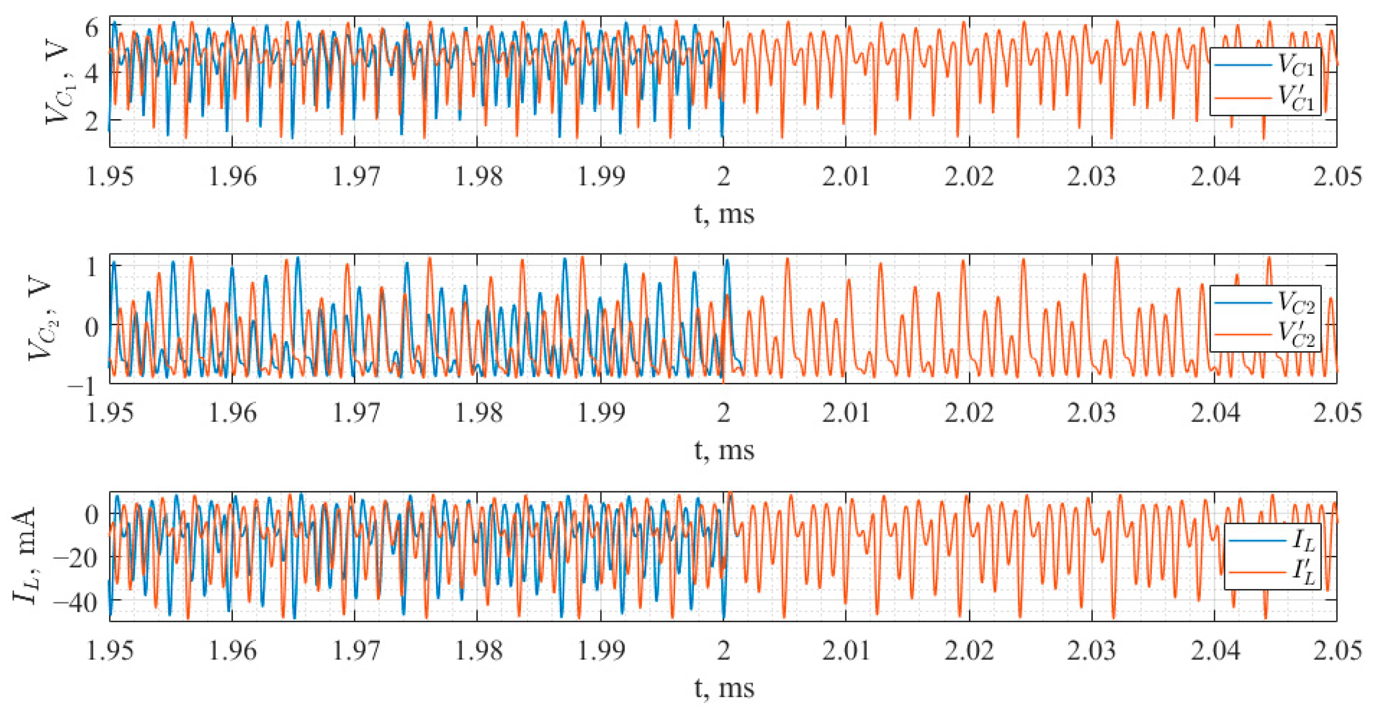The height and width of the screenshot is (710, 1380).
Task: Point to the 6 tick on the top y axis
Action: pos(92,27)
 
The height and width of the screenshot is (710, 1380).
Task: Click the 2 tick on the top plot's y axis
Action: pos(92,121)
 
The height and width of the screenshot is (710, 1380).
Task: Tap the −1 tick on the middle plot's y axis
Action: pos(83,385)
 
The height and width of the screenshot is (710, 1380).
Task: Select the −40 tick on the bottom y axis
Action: pos(77,603)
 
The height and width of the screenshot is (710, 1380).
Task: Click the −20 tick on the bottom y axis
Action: pos(77,559)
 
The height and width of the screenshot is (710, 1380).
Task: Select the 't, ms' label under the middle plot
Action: pos(724,450)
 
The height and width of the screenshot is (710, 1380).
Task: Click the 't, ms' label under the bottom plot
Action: pos(724,687)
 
